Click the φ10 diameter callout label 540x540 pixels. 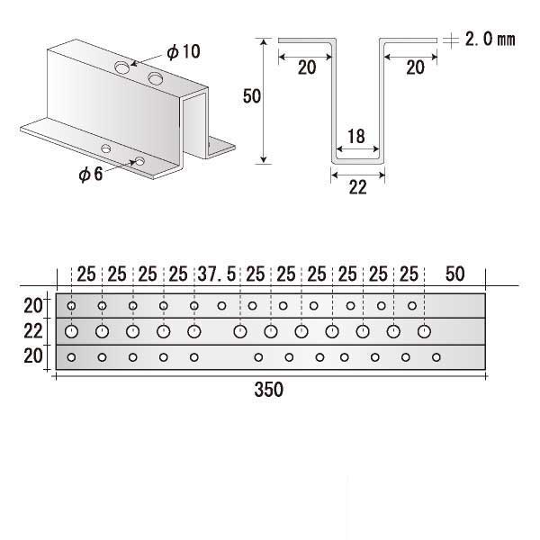coord(184,51)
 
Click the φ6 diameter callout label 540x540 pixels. coord(91,174)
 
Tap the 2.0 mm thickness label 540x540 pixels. coord(490,40)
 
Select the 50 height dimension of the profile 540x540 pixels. coord(252,96)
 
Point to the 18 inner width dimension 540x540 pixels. coord(356,137)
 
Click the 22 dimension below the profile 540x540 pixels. coord(358,188)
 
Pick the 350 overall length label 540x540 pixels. coord(268,390)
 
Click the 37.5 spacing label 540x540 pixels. coord(217,274)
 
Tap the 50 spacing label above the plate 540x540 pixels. coord(454,274)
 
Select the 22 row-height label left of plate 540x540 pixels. coord(33,331)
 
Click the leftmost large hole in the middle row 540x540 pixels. coord(71,331)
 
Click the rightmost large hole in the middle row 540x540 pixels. coord(424,331)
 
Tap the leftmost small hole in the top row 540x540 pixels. coord(71,305)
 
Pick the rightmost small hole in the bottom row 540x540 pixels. coord(436,357)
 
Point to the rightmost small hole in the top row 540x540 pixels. coord(412,305)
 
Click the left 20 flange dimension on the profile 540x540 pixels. coord(307,67)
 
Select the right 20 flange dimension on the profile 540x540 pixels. coord(415,67)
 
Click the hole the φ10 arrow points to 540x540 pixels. coord(122,67)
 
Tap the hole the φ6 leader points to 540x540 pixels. coord(139,161)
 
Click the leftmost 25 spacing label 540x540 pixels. coord(86,274)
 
